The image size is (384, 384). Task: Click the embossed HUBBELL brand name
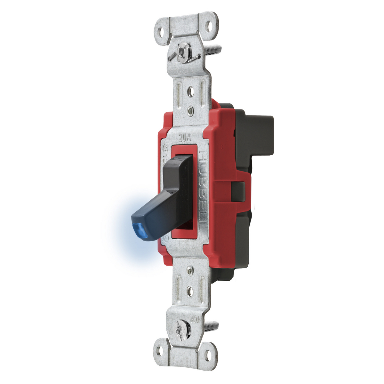pos(204,186)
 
